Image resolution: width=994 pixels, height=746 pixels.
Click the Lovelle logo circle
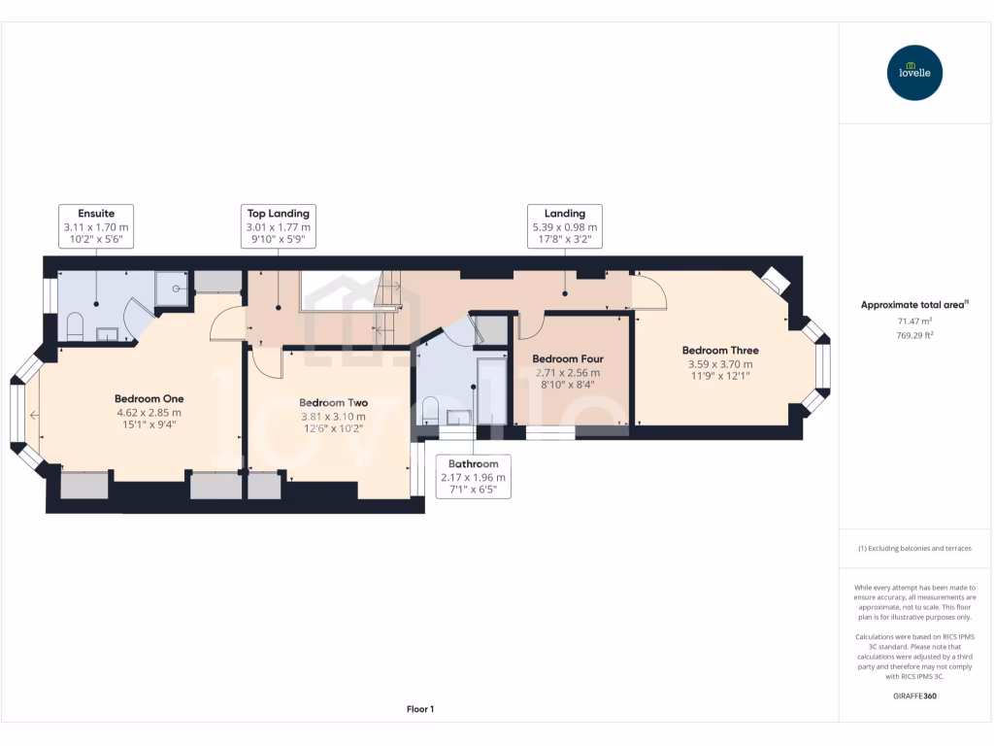point(914,73)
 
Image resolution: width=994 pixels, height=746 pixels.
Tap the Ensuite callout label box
point(96,225)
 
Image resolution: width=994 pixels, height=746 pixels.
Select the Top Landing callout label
point(279,225)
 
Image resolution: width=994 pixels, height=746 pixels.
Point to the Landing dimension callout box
point(565,225)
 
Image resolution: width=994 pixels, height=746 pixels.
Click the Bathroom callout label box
point(474,476)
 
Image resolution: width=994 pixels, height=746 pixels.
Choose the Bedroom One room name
point(149,399)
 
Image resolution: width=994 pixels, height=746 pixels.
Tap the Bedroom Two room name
point(334,403)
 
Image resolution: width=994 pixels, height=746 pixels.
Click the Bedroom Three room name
point(721,350)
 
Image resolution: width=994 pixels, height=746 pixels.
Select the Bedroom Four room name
point(568,359)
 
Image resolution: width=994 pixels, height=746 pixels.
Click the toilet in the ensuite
point(75,325)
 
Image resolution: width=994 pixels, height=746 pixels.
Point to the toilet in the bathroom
point(430,411)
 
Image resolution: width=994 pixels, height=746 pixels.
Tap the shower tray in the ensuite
point(172,288)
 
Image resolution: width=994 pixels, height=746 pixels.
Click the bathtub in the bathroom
point(492,390)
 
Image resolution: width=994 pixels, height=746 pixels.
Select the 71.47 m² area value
point(914,322)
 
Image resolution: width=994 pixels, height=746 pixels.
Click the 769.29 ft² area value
point(914,335)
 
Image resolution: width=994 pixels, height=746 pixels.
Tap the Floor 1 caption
point(420,709)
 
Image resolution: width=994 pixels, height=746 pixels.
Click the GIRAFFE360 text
point(914,695)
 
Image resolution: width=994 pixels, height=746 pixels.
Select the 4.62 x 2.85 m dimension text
point(149,413)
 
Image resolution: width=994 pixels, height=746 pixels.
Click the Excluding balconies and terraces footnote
point(914,548)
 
